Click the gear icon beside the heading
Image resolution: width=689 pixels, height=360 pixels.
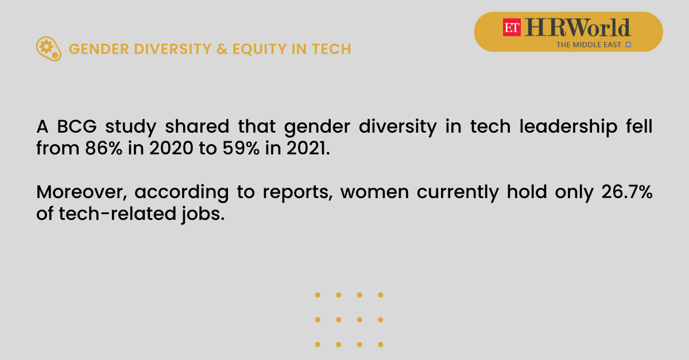49,49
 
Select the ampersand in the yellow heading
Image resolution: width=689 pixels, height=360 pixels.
222,49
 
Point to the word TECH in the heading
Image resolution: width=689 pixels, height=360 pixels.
331,49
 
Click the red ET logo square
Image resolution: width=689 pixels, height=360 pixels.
512,28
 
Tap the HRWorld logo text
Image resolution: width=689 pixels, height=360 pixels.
578,28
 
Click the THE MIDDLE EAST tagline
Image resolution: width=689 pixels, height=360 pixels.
589,45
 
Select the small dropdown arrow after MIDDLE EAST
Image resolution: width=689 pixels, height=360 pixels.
628,45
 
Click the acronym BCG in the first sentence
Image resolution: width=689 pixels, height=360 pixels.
77,126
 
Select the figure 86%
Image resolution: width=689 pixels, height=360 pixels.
104,148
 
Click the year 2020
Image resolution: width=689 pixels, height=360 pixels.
171,148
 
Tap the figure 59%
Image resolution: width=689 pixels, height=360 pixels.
241,148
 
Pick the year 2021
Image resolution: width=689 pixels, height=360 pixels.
308,148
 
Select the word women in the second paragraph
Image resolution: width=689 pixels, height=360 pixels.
374,192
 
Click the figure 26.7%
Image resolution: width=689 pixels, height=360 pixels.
627,192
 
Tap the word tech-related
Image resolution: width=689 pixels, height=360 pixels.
118,214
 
